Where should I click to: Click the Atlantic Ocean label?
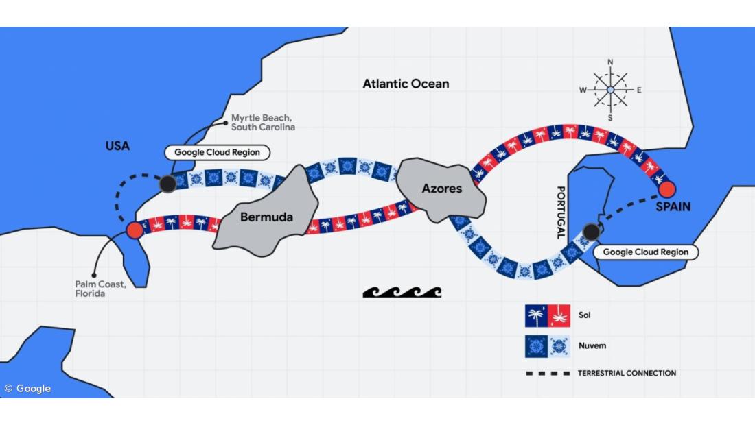(x=406, y=84)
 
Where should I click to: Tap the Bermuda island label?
(x=266, y=217)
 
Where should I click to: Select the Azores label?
(x=441, y=189)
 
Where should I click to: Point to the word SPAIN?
(x=673, y=206)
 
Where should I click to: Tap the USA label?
(x=117, y=146)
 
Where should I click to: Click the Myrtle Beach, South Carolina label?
(x=263, y=123)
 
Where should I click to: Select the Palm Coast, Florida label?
(x=100, y=289)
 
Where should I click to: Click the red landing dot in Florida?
(x=135, y=230)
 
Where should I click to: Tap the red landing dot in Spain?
(x=666, y=189)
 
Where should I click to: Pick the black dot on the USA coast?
(x=167, y=184)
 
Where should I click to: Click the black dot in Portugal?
(x=591, y=232)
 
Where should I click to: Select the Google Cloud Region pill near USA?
(x=217, y=152)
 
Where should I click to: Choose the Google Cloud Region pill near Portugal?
(x=645, y=252)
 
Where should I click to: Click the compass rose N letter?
(x=610, y=62)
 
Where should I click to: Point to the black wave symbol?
(x=402, y=292)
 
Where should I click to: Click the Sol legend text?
(x=584, y=315)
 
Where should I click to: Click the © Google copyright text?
(x=28, y=389)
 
